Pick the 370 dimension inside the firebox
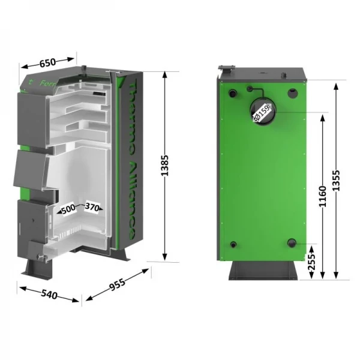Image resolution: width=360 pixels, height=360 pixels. point(92,207)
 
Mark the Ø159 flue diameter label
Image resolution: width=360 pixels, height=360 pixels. point(262,112)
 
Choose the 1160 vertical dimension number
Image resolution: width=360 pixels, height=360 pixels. point(322,196)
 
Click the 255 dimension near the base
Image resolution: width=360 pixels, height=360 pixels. point(311,262)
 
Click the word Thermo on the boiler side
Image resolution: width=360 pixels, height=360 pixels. point(133,114)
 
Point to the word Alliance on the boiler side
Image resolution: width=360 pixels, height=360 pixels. point(133,198)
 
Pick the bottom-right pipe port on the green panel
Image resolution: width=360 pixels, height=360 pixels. point(292,242)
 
